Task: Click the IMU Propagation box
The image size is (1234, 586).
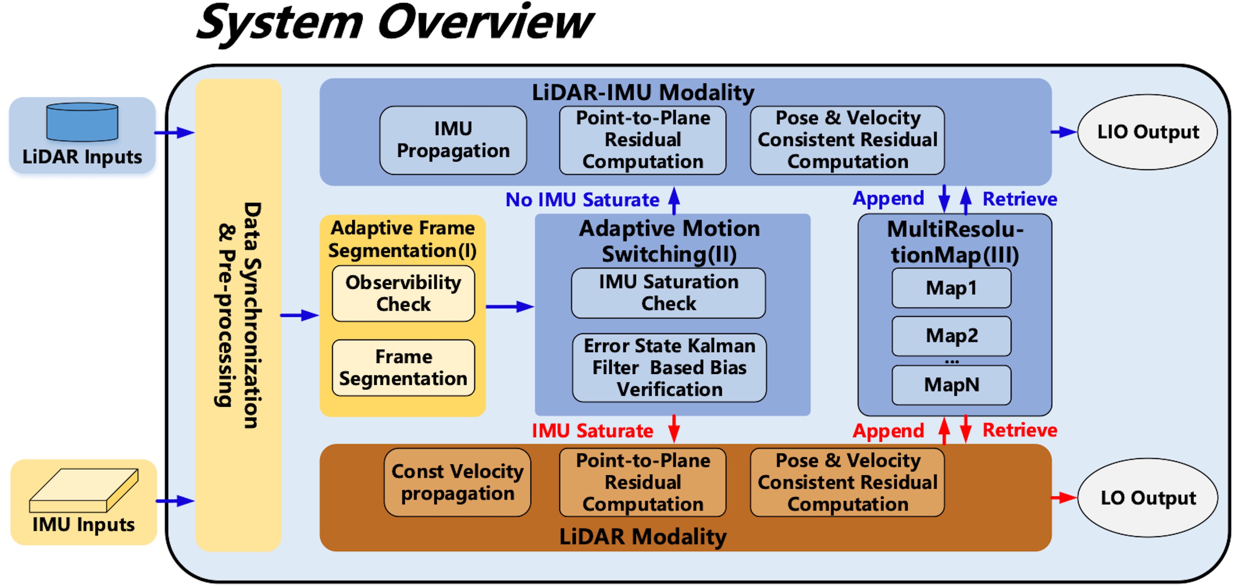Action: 453,140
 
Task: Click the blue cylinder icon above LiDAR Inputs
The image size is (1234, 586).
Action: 82,122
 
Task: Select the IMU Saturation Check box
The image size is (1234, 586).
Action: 668,293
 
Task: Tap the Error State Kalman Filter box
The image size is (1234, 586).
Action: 669,367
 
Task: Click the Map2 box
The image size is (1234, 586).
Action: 951,336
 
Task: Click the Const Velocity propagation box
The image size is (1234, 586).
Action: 457,482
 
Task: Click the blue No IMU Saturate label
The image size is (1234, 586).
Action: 582,200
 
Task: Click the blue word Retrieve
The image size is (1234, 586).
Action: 1019,199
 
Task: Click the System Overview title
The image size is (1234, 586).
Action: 395,23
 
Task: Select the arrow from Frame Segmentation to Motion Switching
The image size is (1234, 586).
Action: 510,306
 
